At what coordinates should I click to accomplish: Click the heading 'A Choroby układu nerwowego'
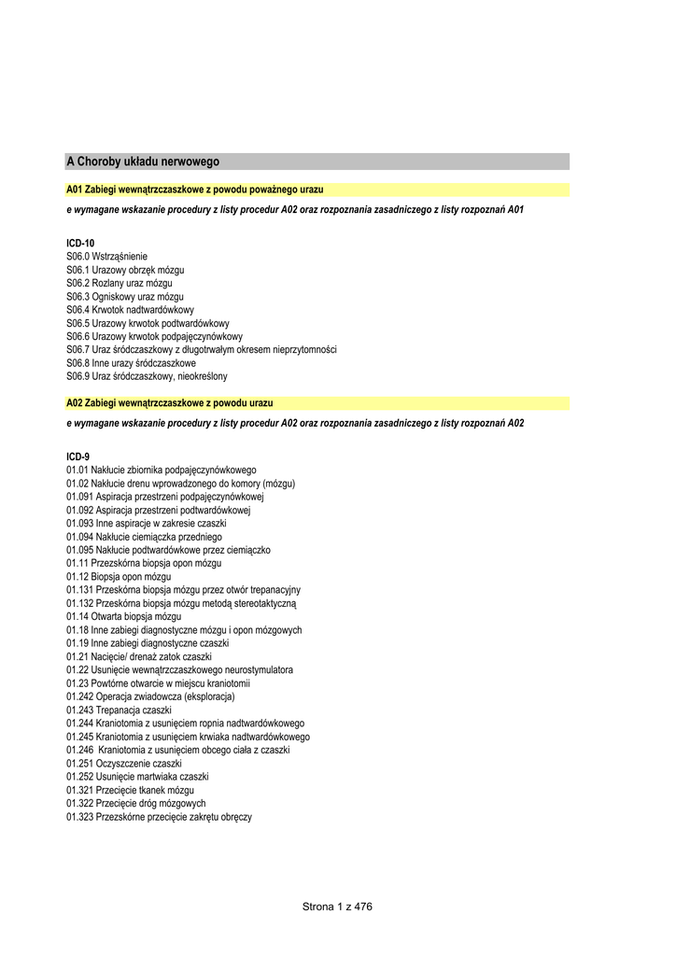click(143, 162)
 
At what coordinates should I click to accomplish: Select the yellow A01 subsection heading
click(194, 190)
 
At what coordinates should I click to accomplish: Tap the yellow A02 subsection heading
click(169, 402)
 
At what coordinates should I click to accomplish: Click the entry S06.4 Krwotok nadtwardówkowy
click(130, 309)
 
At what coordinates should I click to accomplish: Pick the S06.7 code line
click(201, 349)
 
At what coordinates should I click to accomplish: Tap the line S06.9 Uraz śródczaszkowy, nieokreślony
click(147, 376)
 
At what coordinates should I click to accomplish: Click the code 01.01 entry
click(161, 470)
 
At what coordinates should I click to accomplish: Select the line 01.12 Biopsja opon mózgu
click(118, 577)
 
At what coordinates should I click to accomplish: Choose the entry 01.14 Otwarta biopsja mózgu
click(123, 617)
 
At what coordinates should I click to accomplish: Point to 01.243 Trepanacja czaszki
click(119, 710)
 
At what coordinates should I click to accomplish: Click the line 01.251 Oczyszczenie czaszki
click(123, 764)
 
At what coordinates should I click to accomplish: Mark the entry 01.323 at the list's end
click(159, 817)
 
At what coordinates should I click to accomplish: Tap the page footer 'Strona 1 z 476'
click(337, 907)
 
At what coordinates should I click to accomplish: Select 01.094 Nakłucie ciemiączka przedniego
click(144, 537)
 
